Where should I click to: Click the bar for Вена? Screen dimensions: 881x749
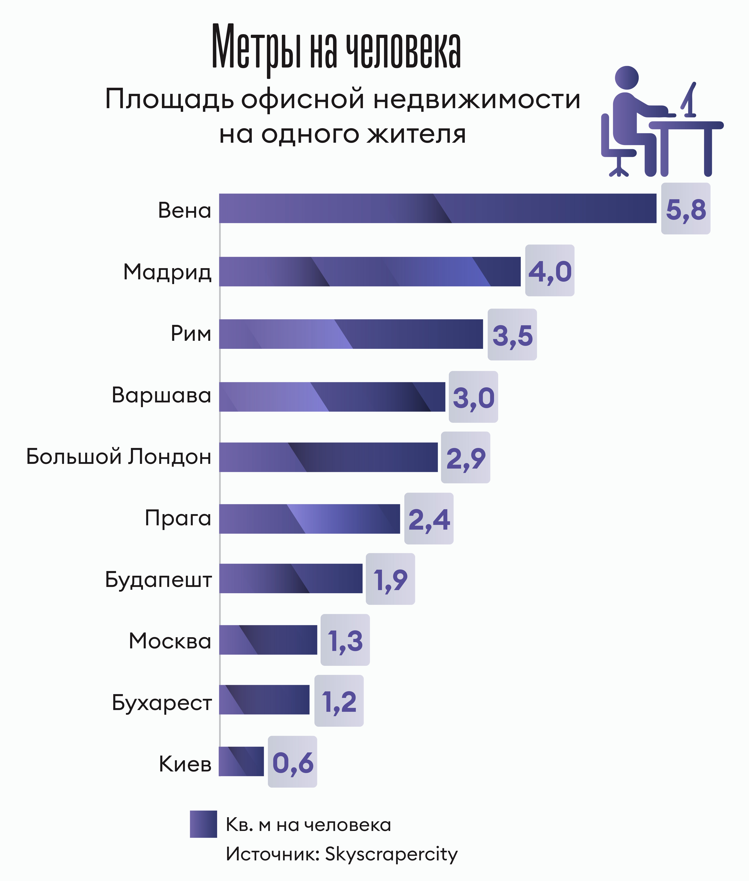point(437,208)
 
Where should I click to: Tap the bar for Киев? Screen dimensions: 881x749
point(241,761)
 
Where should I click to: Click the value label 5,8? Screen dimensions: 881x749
point(685,209)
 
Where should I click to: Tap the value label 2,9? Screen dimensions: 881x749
point(465,458)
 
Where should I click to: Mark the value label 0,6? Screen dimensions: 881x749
point(292,762)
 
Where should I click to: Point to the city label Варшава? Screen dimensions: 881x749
point(161,395)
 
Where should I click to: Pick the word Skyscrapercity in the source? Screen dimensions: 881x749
point(391,854)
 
